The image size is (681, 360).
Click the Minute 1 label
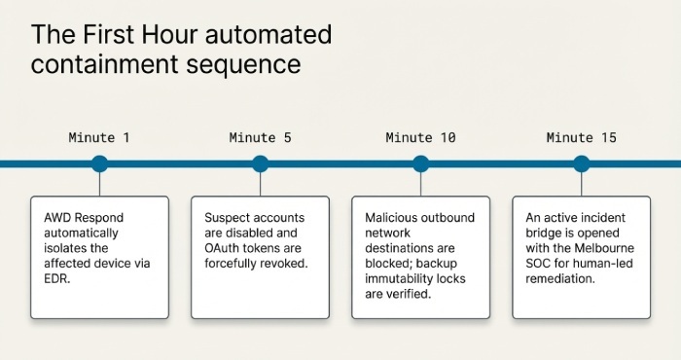[98, 137]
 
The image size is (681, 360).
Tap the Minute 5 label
[260, 137]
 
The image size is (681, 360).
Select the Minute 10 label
[420, 137]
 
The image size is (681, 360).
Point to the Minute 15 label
[581, 137]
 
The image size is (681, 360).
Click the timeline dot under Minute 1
[99, 163]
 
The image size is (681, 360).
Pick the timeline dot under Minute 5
[260, 163]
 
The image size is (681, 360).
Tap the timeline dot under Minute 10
[420, 163]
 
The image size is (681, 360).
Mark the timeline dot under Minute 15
[582, 163]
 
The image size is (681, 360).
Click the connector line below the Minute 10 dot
[420, 185]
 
